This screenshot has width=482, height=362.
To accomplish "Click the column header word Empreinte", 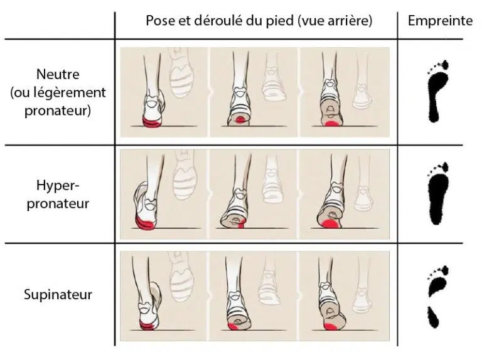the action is (x=440, y=21).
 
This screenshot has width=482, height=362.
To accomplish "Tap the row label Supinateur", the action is (x=58, y=295).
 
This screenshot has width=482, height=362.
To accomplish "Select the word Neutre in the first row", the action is (x=58, y=74).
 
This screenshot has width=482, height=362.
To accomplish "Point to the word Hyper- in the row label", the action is (x=58, y=185).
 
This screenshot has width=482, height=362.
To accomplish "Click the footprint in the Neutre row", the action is (x=437, y=91).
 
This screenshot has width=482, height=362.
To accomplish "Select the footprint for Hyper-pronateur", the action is (x=437, y=194).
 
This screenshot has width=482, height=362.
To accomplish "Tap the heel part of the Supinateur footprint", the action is (x=433, y=317).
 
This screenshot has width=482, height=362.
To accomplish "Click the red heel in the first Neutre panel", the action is (x=151, y=123).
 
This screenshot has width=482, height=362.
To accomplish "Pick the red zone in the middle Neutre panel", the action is (x=240, y=121).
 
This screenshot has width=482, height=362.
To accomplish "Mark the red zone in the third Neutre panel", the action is (x=331, y=124).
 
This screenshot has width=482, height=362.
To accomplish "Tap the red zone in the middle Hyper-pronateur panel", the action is (x=241, y=224).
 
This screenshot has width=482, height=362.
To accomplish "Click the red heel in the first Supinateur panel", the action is (x=147, y=324).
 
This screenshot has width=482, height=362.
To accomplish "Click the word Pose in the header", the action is (x=159, y=21).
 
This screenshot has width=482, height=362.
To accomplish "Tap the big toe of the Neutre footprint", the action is (x=445, y=65).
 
